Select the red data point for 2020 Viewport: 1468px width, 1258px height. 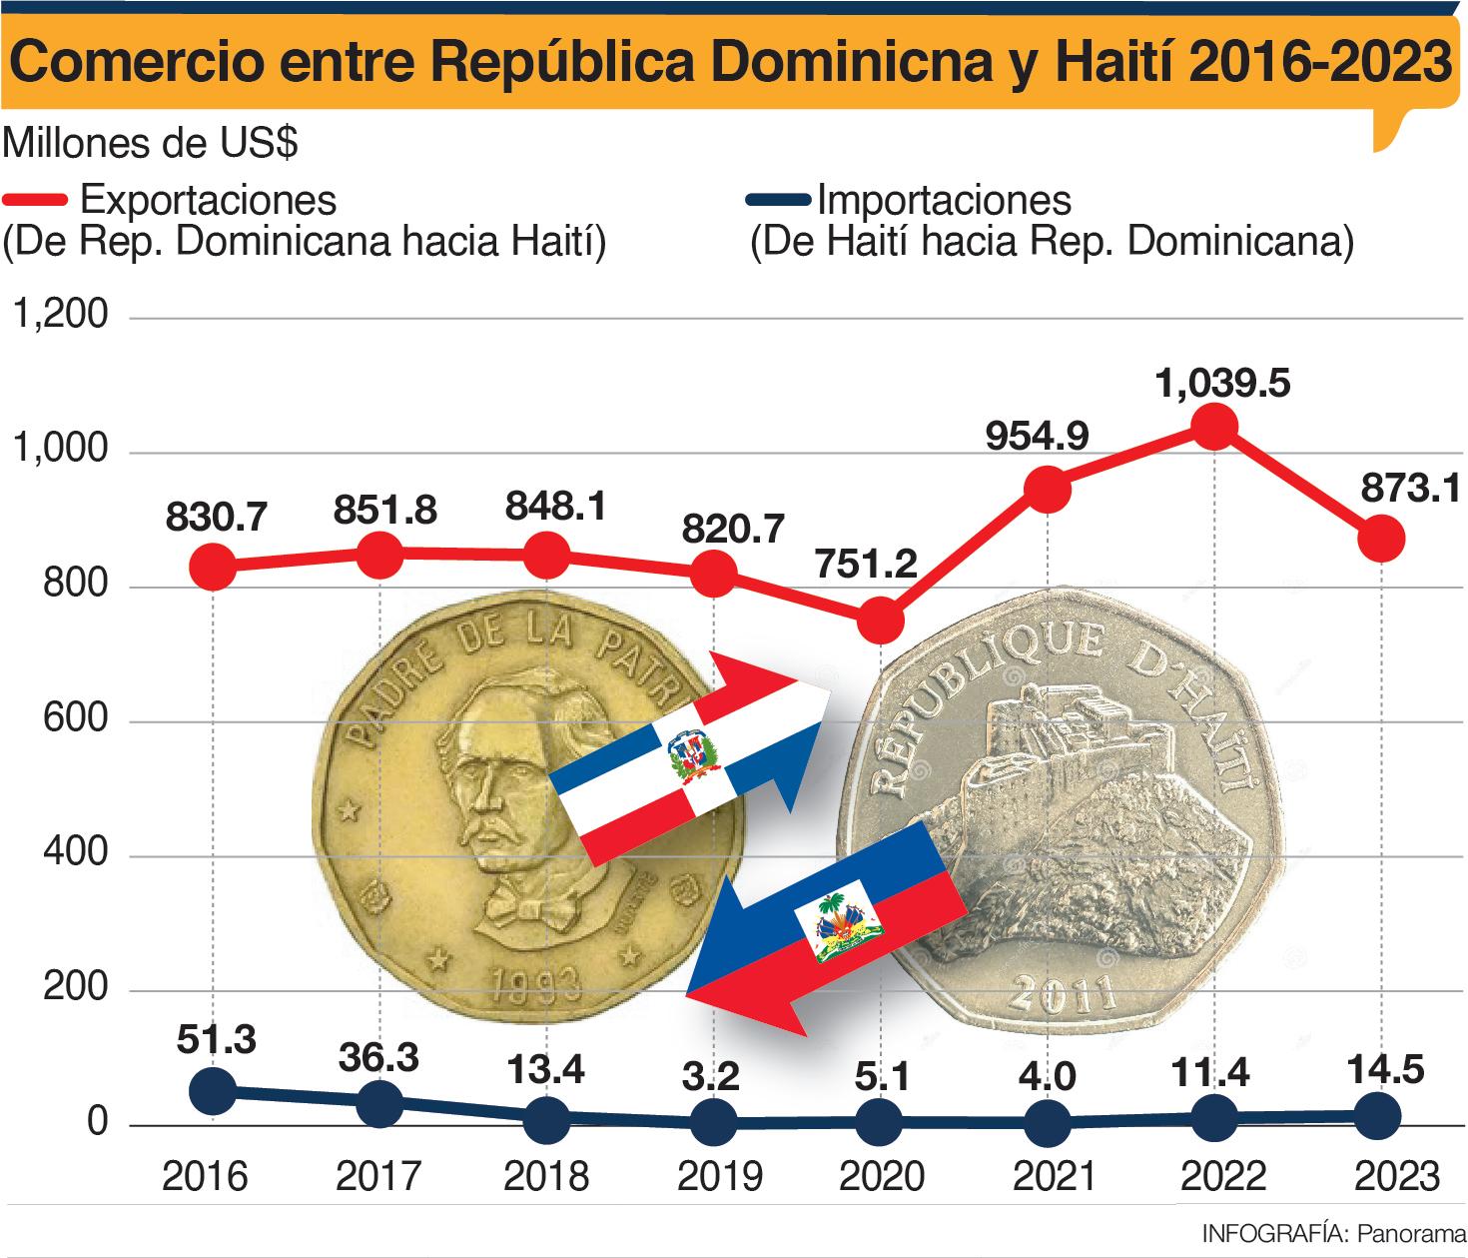click(881, 622)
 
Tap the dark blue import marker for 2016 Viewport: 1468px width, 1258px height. click(213, 1090)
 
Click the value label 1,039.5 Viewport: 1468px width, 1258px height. click(1222, 382)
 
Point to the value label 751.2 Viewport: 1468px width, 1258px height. click(866, 566)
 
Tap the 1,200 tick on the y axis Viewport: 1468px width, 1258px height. click(59, 316)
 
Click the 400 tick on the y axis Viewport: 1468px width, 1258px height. click(75, 855)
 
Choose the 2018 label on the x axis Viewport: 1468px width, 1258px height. click(546, 1177)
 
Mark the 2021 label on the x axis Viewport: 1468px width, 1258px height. click(1055, 1177)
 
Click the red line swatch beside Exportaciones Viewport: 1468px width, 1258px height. click(36, 201)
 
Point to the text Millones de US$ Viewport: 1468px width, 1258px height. click(151, 144)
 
